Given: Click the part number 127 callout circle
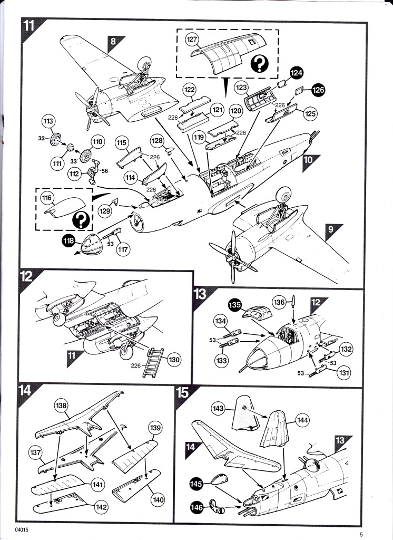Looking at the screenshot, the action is tap(192, 39).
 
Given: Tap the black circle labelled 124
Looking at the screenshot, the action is tap(296, 73).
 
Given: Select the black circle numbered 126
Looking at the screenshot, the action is tap(318, 90).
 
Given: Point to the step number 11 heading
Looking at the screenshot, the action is tap(29, 25).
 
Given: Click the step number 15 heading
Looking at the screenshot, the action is tap(182, 392).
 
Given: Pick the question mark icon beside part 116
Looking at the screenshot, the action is tap(81, 220).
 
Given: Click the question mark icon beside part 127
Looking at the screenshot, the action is tap(260, 64).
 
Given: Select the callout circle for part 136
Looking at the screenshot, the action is tap(279, 302).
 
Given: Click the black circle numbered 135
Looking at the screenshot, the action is tap(235, 305).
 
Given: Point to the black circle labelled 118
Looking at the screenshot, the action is tap(69, 240).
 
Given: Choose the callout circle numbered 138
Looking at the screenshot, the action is tap(61, 406).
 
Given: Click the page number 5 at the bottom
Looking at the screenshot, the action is tap(361, 535).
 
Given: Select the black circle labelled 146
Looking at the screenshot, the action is tap(197, 507).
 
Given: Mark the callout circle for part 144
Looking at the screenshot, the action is tap(302, 420).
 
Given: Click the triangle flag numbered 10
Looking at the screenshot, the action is tap(311, 163).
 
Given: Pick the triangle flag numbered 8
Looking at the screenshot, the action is tap(115, 43).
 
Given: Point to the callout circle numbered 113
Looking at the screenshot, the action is tap(48, 121).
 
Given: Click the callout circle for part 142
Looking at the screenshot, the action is tap(101, 507).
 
